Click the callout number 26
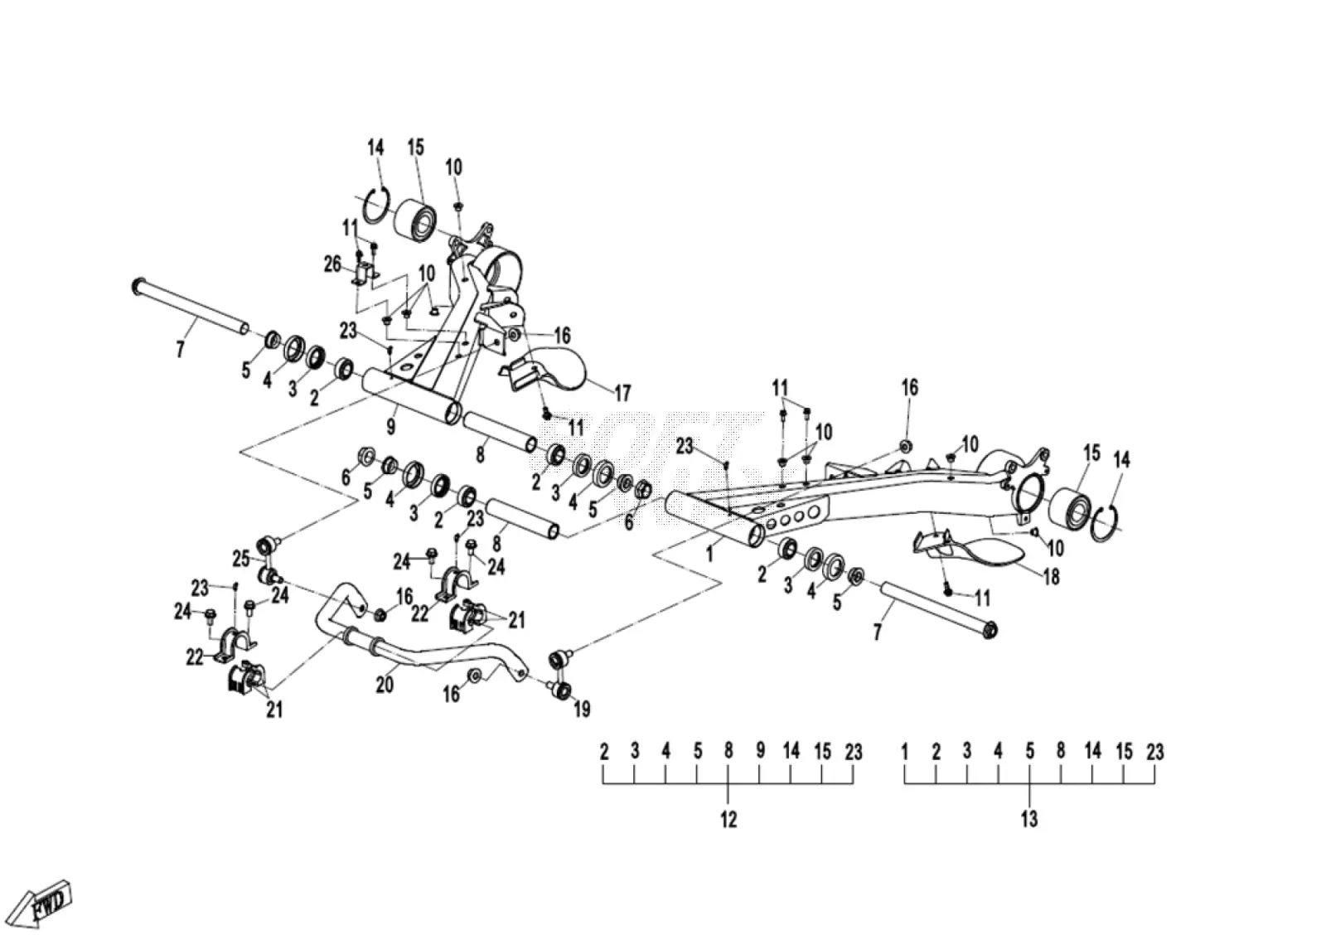(x=332, y=264)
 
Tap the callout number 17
(x=622, y=393)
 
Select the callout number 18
(x=1052, y=577)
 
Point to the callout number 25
(x=241, y=558)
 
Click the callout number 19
(x=583, y=709)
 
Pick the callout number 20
(x=385, y=686)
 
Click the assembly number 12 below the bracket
(x=728, y=820)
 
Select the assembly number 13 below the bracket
(x=1029, y=820)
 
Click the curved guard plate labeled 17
(x=544, y=371)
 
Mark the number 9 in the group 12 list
(x=760, y=751)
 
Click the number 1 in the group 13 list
(x=904, y=753)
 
